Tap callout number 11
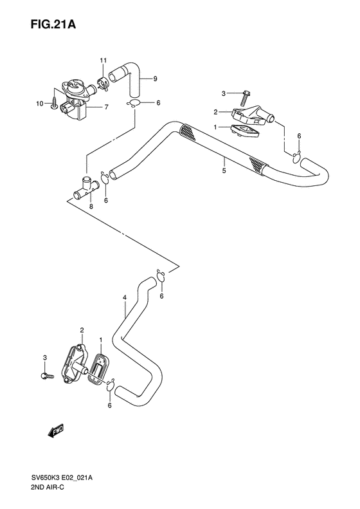[x=102, y=60]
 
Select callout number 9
[x=155, y=80]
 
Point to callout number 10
[x=39, y=104]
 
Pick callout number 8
[x=91, y=207]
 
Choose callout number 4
[x=124, y=298]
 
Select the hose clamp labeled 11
[x=103, y=83]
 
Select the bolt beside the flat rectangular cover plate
[x=45, y=375]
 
